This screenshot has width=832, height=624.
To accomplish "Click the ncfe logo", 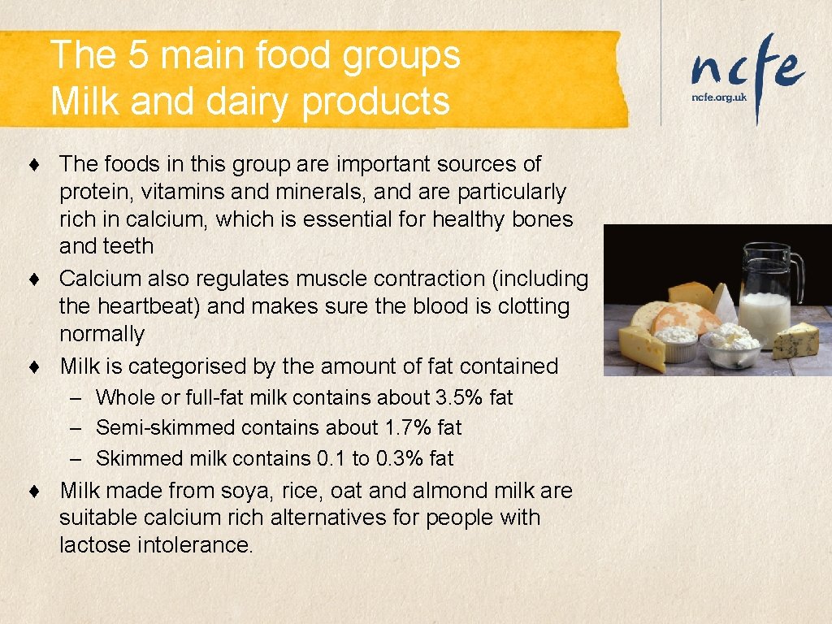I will point(747,69).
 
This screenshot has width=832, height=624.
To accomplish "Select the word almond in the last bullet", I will point(448,491).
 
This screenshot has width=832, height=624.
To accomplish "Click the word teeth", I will point(129,246).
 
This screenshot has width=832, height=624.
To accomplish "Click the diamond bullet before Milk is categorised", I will point(32,367).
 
